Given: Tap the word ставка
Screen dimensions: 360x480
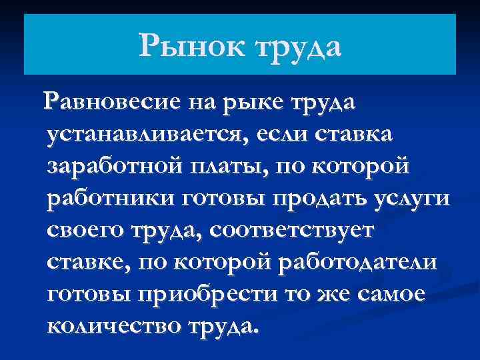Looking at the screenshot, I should [360, 133].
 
